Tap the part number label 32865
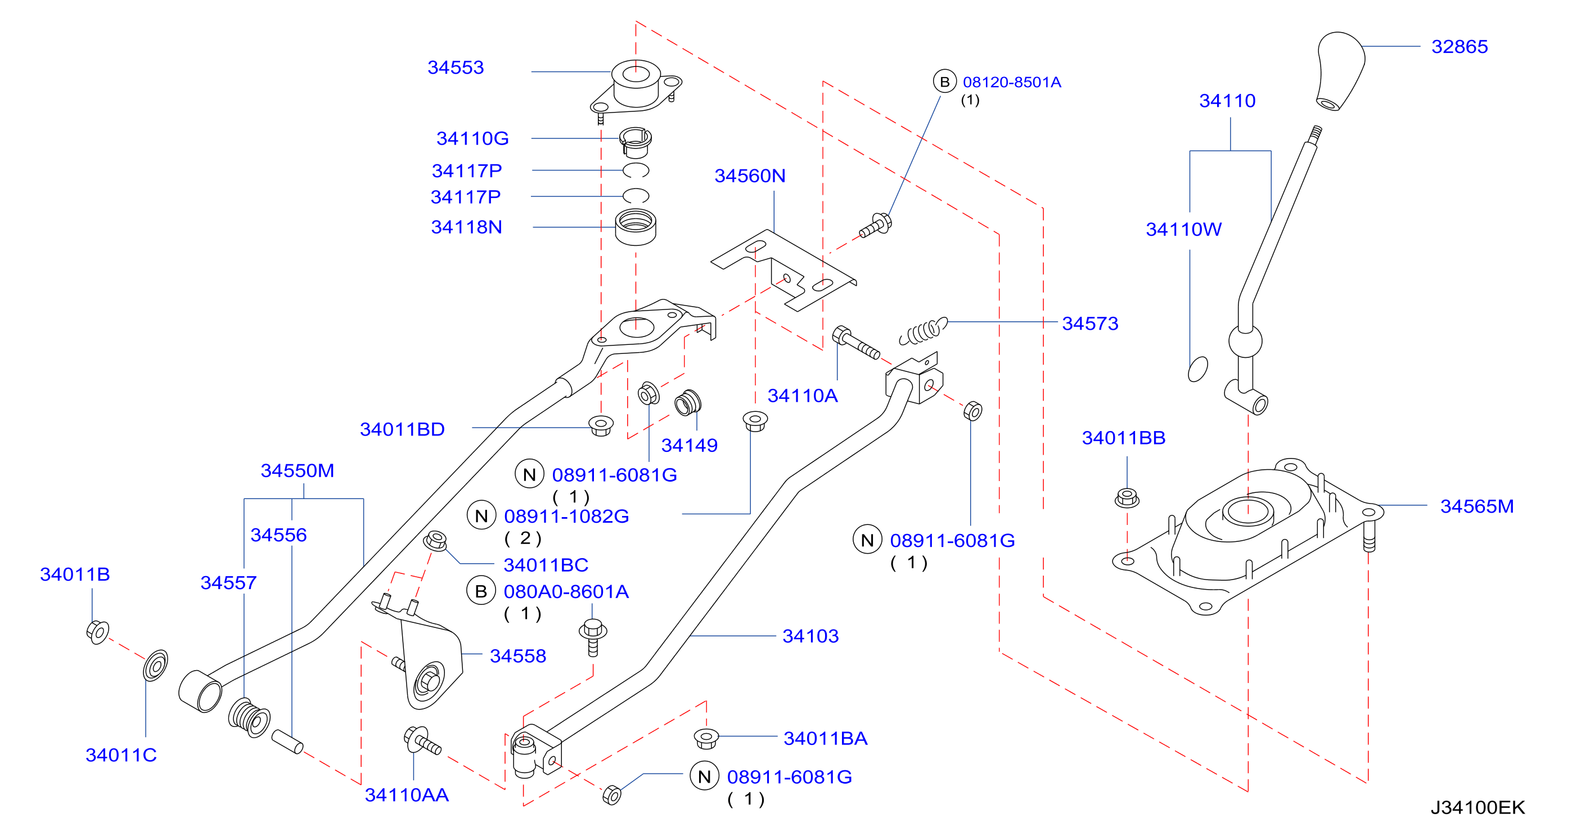coord(1459,47)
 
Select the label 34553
coord(456,68)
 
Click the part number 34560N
coord(750,176)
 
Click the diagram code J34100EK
coord(1478,807)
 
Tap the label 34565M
coord(1476,506)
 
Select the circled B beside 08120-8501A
coord(944,82)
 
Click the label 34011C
coord(121,755)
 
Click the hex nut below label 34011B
coord(97,632)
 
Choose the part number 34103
coord(810,636)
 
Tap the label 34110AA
coord(407,795)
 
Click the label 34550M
coord(298,470)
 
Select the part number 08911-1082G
coord(566,517)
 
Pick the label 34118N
coord(467,227)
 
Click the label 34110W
coord(1184,230)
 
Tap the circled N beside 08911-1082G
coord(481,516)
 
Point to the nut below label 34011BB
coord(1127,498)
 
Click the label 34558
coord(518,656)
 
